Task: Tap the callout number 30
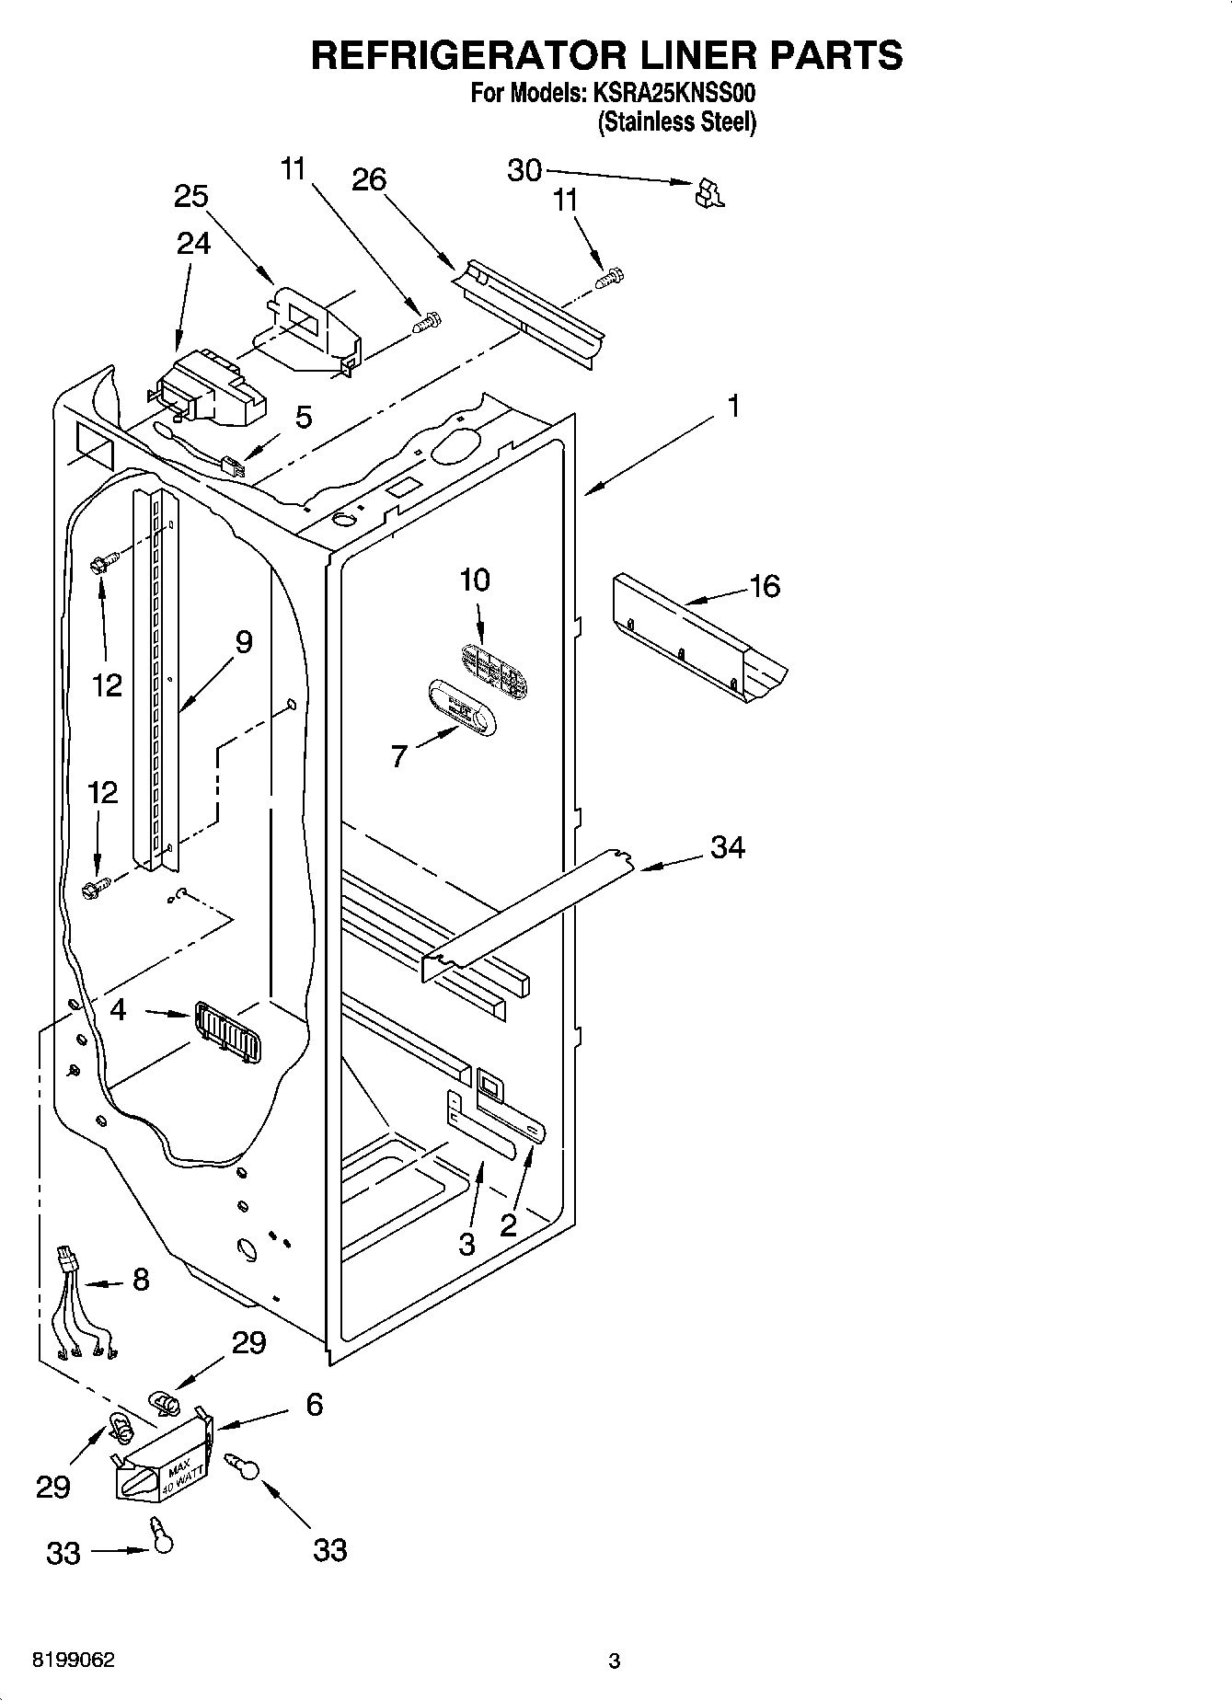point(524,170)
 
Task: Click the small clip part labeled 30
point(709,192)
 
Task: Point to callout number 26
point(369,179)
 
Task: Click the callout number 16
point(765,586)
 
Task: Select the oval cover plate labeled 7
point(461,707)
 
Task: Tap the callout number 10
point(475,580)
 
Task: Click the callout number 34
point(727,847)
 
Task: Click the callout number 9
point(243,641)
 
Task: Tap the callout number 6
point(314,1405)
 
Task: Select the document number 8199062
point(74,1661)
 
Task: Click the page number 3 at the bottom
point(614,1661)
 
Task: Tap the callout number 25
point(190,196)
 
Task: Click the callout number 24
point(193,243)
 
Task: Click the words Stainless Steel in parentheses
point(677,121)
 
